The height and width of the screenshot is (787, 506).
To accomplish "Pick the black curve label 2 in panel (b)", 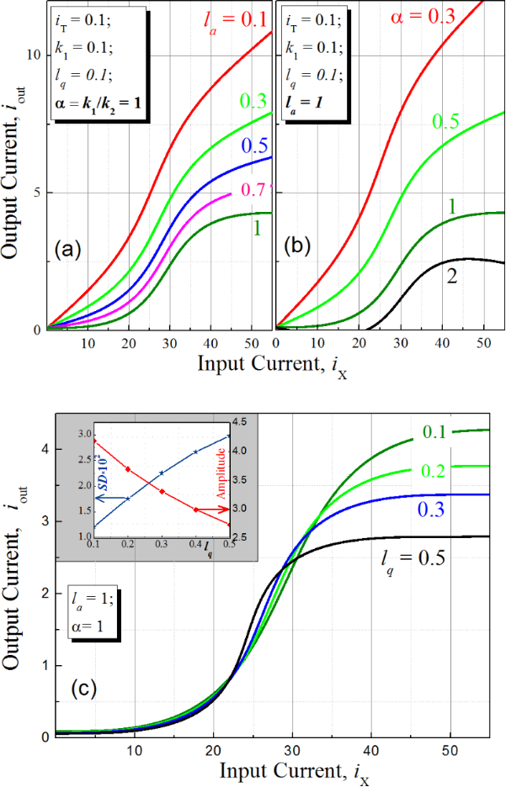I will point(452,277).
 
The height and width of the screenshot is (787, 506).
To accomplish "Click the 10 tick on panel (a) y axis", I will point(34,55).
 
